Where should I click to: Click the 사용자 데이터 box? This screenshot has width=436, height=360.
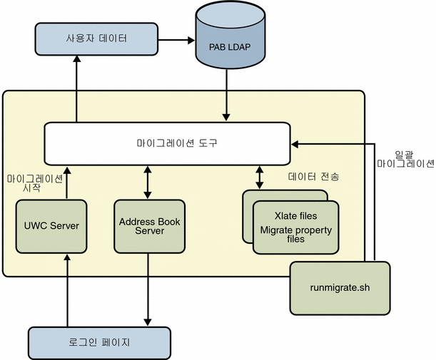[96, 38]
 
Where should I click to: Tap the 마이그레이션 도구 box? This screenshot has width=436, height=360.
[168, 143]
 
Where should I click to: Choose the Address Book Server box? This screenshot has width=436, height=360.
[149, 226]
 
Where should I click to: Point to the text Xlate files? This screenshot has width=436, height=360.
[295, 216]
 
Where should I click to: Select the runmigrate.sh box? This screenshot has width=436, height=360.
[340, 288]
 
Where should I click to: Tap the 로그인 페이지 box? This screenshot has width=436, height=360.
[99, 343]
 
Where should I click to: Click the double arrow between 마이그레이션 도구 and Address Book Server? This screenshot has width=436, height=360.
[148, 182]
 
